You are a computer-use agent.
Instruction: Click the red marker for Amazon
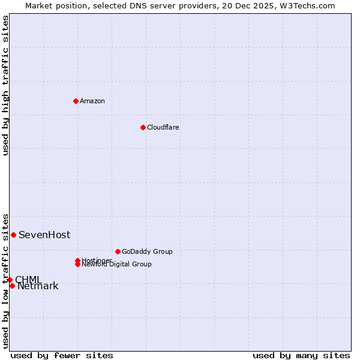point(76,101)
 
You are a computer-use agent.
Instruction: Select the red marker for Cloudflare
point(143,127)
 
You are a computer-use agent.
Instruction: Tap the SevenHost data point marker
point(13,235)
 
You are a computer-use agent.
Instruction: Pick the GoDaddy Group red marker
point(118,251)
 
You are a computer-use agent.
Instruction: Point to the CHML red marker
point(10,280)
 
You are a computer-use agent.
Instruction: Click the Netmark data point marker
point(12,286)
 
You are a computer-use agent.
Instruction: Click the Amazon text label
point(92,101)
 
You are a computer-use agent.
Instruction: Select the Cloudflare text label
point(163,127)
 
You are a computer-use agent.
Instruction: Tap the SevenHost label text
point(44,235)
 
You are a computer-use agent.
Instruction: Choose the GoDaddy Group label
point(147,251)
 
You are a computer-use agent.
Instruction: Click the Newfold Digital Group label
point(117,265)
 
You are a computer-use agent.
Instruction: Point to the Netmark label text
point(38,286)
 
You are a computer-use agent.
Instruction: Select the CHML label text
point(28,280)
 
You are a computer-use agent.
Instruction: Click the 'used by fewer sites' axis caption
point(62,356)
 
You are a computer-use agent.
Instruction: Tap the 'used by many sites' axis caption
point(301,356)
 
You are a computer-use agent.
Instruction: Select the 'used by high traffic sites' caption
point(5,85)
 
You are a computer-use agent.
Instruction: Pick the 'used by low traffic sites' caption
point(5,280)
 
